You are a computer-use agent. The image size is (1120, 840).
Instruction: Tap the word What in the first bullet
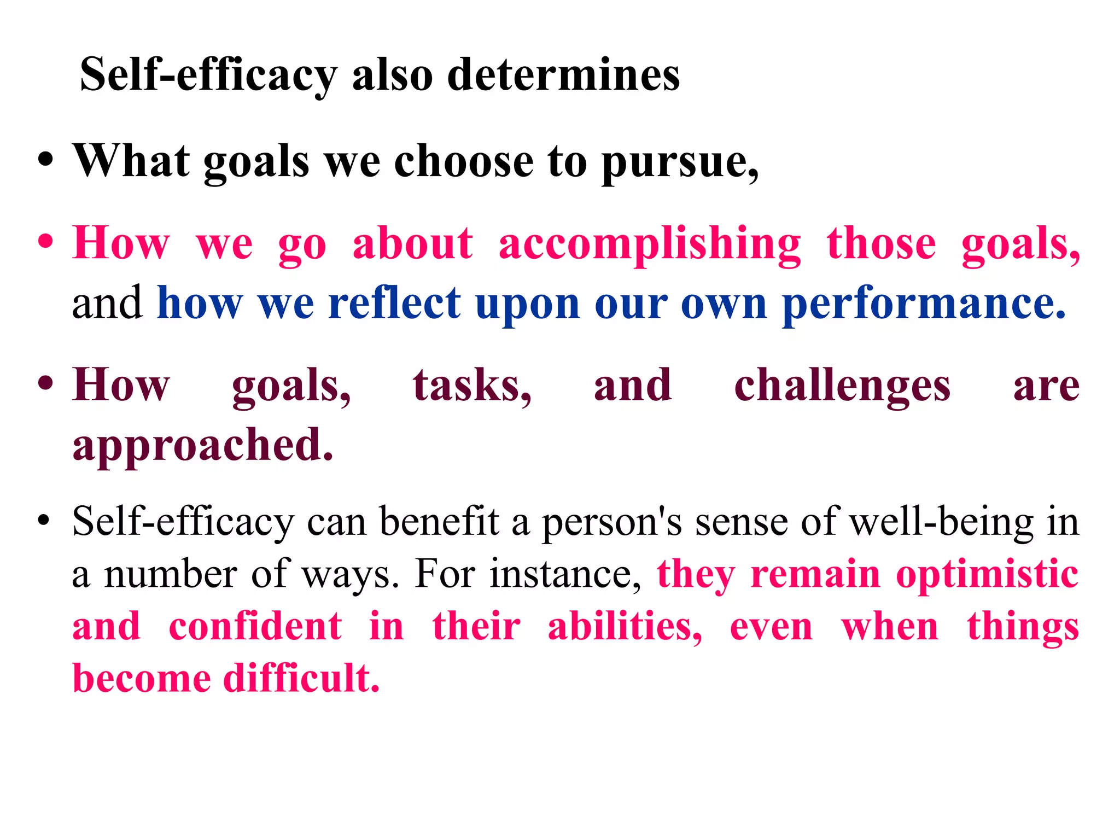pyautogui.click(x=131, y=161)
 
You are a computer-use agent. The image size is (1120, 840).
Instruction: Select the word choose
pyautogui.click(x=464, y=161)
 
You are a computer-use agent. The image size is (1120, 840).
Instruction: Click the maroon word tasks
pyautogui.click(x=471, y=385)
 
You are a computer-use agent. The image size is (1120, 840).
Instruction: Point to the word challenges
pyautogui.click(x=842, y=386)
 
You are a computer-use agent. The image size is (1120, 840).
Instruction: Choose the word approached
pyautogui.click(x=202, y=445)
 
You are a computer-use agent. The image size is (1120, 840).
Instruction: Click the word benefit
pyautogui.click(x=439, y=521)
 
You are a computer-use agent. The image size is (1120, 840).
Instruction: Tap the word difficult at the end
pyautogui.click(x=301, y=678)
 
